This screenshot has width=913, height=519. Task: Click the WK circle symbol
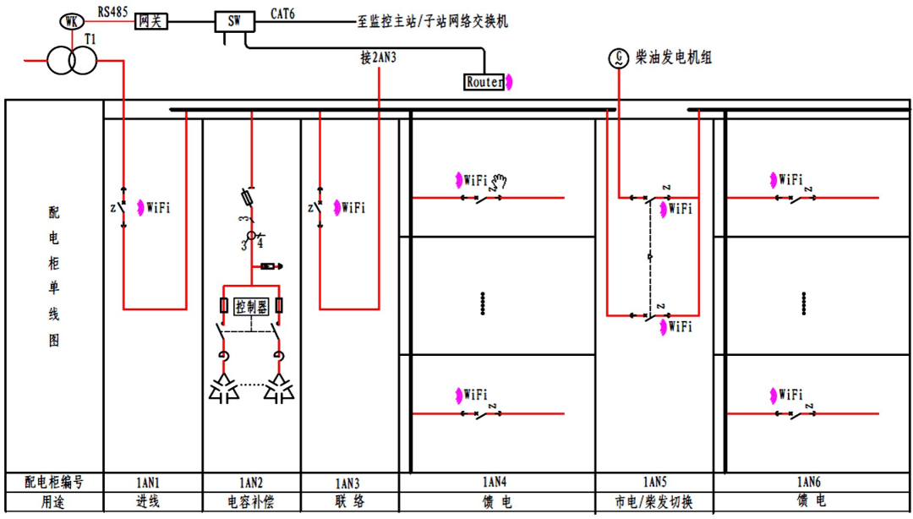71,22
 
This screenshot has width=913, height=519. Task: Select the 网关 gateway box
151,21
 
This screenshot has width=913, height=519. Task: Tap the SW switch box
234,21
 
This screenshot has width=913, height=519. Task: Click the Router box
485,82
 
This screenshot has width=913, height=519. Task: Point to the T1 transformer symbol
70,61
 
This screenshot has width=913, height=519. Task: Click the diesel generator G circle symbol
619,58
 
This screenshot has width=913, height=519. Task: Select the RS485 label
113,11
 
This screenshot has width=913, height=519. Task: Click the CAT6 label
282,12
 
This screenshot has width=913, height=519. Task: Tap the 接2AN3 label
378,58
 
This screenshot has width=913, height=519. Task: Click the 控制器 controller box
251,306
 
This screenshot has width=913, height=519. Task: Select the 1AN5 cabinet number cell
654,483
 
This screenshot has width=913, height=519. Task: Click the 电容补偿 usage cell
251,502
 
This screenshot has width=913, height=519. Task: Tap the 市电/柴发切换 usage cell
654,502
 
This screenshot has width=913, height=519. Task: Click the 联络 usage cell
349,502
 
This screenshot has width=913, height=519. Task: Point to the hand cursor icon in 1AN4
500,179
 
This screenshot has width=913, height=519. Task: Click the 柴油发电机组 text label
674,58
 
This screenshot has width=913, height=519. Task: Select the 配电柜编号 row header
54,483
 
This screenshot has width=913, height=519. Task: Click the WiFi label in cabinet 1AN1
158,207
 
